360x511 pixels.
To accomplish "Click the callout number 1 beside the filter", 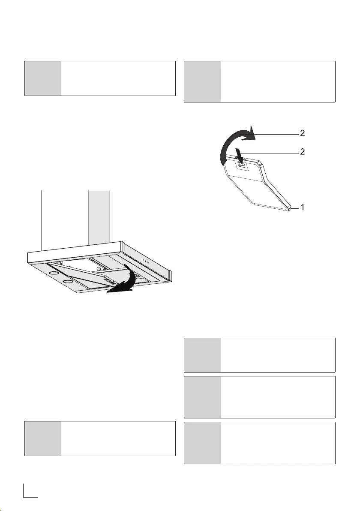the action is tap(303, 207).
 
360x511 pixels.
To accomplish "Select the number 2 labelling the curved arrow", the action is tap(303, 133).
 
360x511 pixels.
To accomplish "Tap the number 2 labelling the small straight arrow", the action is tap(303, 152).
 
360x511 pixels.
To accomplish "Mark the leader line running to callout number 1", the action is tap(295, 207).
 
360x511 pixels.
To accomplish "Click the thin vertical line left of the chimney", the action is tap(42, 219).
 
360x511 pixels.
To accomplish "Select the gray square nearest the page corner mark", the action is tap(43, 438).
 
